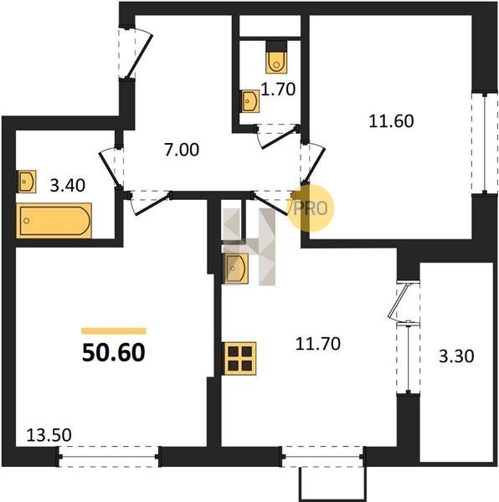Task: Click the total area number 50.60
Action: pos(114,352)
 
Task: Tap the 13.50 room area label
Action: pos(49,435)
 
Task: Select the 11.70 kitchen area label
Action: pos(317,344)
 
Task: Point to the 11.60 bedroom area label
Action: pos(391,121)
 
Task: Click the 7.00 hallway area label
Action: pos(182,150)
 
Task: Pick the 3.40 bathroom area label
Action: pos(68,186)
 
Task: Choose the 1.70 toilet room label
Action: pos(278,90)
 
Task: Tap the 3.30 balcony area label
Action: pos(456,356)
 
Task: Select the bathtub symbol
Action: pos(54,221)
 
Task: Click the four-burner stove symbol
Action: pos(240,358)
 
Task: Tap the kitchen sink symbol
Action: pos(236,269)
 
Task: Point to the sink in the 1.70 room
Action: pos(250,101)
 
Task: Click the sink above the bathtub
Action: pos(27,182)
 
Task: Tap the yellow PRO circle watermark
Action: pos(311,208)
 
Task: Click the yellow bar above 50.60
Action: pos(114,331)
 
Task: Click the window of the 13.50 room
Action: pos(109,457)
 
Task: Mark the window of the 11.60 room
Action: pos(485,143)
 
